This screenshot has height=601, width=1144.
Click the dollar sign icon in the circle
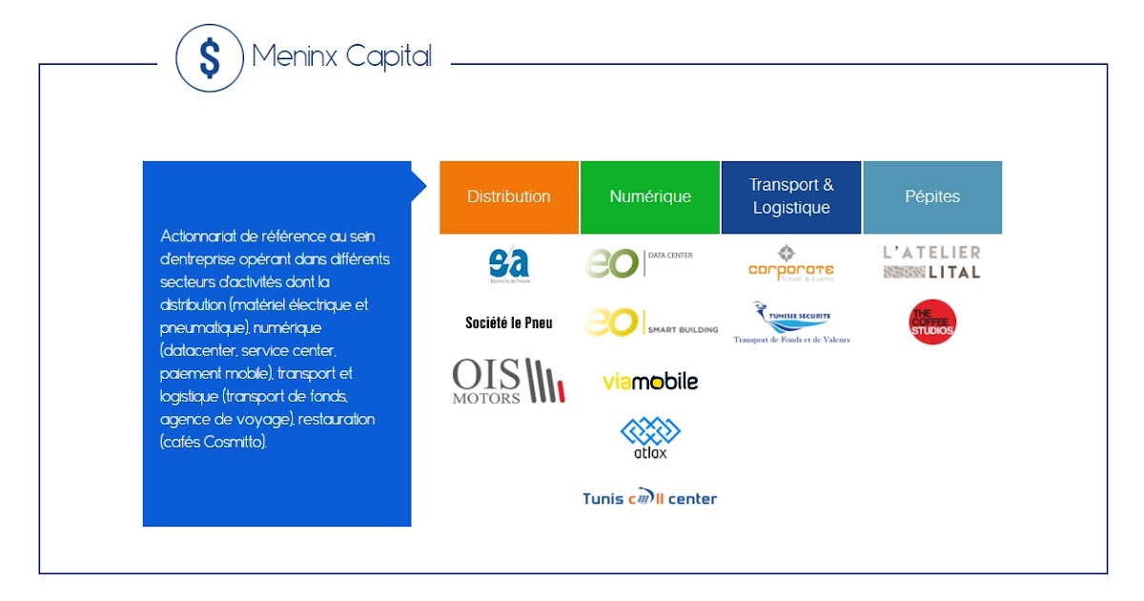[x=210, y=58]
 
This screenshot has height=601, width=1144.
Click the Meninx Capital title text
[x=341, y=56]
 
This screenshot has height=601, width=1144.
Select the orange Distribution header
[x=509, y=197]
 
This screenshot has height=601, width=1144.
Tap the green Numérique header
[x=650, y=197]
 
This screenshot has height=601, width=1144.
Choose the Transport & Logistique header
[x=791, y=197]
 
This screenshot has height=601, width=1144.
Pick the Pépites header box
[x=932, y=197]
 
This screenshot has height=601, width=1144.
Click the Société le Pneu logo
[x=509, y=322]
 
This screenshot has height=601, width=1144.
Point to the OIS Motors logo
[x=509, y=381]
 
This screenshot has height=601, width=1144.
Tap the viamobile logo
[x=650, y=382]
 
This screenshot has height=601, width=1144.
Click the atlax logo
[x=650, y=438]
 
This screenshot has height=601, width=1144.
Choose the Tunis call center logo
[x=650, y=498]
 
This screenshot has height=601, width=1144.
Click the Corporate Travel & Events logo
[x=791, y=264]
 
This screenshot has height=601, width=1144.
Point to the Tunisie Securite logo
[x=791, y=322]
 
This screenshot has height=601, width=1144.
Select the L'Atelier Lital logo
[x=931, y=262]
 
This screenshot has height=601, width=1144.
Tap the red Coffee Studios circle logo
[x=932, y=322]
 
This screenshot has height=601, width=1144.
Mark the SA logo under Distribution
[x=508, y=264]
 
